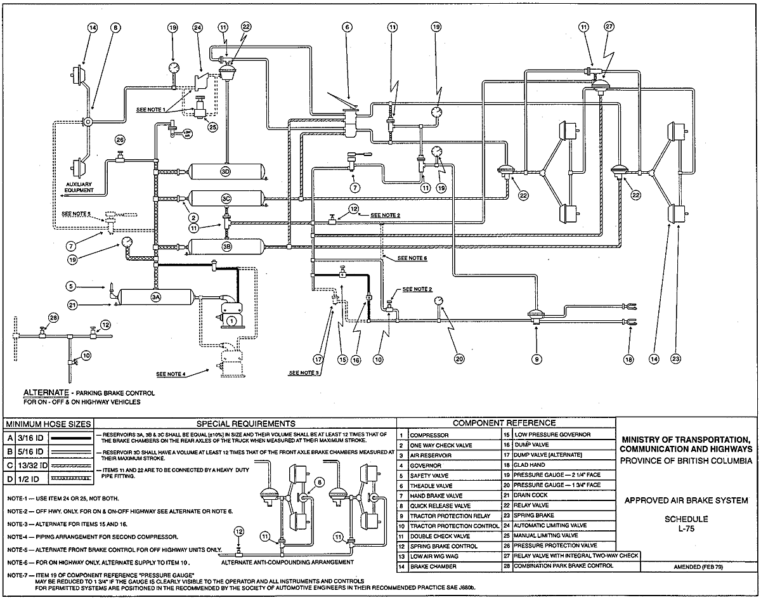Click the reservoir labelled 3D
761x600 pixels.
(226, 172)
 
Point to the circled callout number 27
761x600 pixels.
(609, 27)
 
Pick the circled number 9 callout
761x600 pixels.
(537, 360)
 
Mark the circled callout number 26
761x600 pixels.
(120, 139)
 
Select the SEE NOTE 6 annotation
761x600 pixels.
(411, 259)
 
